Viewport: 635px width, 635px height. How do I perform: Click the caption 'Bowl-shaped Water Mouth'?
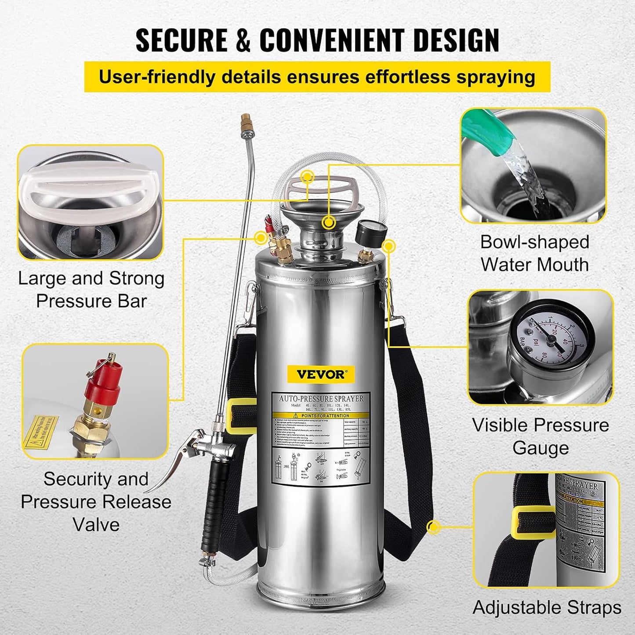pos(534,254)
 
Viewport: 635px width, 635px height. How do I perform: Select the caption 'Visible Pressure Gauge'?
pos(541,436)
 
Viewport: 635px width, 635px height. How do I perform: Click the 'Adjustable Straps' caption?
pos(547,608)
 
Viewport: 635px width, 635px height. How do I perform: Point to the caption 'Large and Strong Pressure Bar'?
pos(91,290)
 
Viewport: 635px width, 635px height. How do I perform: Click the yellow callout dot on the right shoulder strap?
pos(433,527)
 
